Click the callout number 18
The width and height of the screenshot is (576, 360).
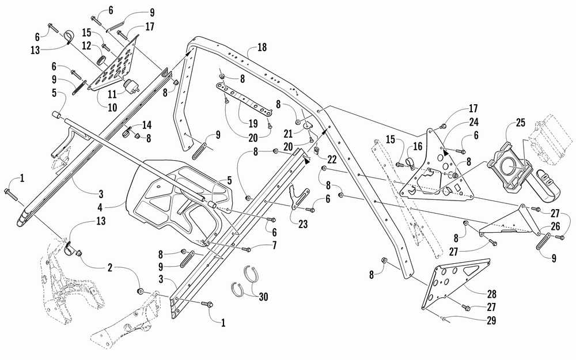(262, 47)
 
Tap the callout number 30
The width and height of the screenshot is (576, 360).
(263, 296)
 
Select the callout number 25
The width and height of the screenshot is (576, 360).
(521, 123)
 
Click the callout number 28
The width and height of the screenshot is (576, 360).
(491, 294)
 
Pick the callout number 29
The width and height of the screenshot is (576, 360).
(491, 320)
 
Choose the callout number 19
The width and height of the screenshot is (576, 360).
(253, 123)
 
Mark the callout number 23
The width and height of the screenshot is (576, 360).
(303, 223)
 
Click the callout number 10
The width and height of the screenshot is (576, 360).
(112, 107)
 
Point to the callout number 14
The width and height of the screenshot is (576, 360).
(146, 125)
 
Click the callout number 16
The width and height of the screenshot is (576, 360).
(418, 146)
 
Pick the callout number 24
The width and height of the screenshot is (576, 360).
(473, 122)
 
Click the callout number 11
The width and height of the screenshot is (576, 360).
(112, 94)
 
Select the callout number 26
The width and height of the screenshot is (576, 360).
(555, 226)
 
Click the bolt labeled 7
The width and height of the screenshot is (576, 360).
(247, 249)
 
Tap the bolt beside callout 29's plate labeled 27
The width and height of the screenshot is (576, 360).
(465, 307)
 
